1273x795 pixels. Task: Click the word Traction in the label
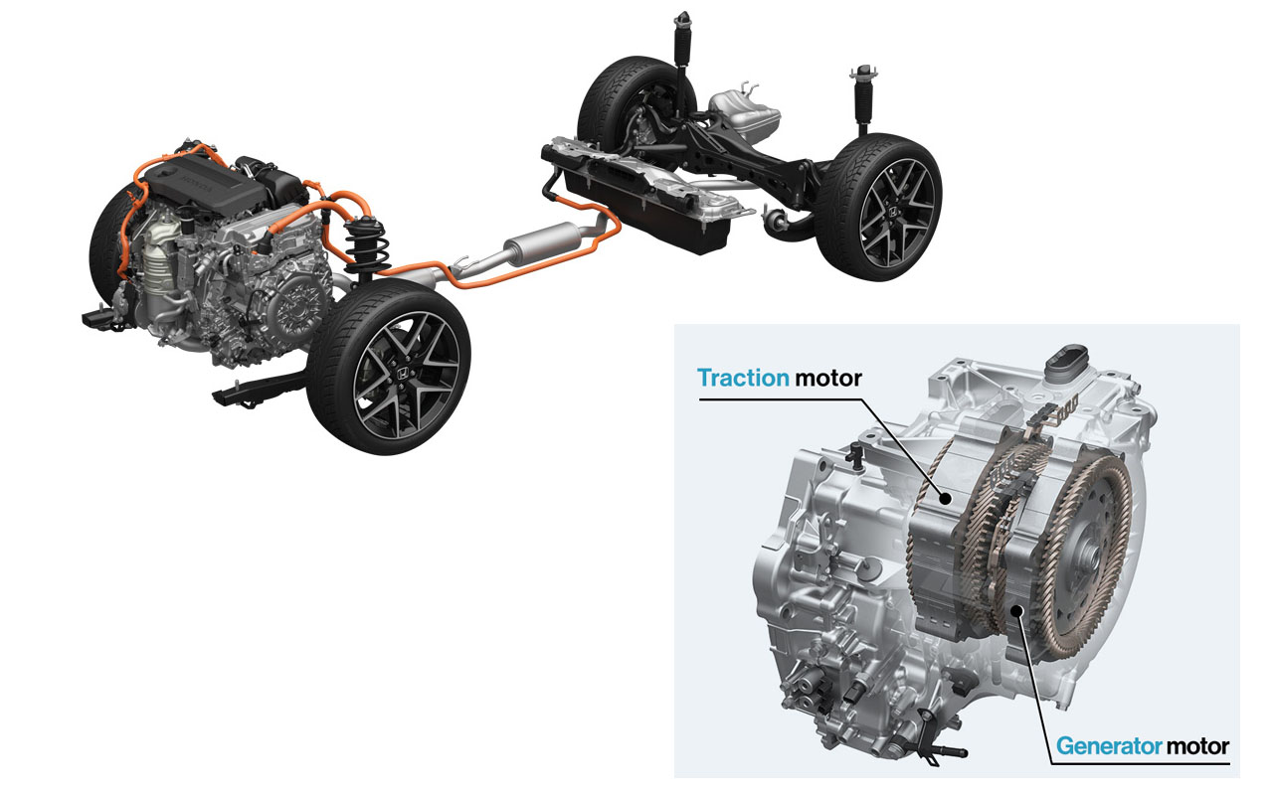(743, 378)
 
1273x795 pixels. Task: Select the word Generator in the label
(1108, 745)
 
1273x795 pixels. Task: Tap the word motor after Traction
(828, 379)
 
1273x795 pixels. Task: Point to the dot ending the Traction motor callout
(945, 499)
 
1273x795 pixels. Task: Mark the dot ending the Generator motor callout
(1016, 610)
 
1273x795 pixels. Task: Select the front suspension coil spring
(367, 245)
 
